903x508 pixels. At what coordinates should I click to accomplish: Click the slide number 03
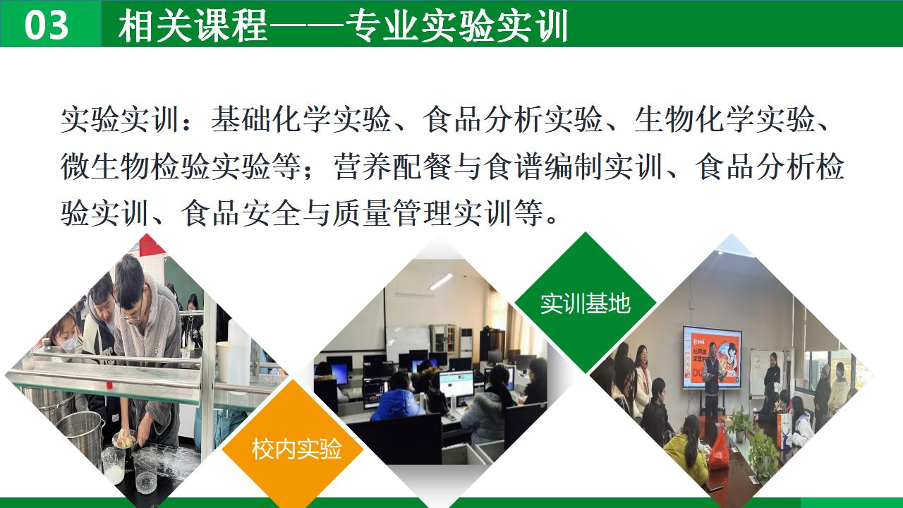[46, 25]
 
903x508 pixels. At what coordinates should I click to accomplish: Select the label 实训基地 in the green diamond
[586, 303]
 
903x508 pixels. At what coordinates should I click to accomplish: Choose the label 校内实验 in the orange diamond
[297, 448]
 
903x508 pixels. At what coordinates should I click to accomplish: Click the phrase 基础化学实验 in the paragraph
[301, 119]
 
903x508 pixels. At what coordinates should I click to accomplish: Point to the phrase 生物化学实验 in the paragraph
[725, 119]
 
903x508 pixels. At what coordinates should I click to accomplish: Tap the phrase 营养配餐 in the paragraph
[392, 166]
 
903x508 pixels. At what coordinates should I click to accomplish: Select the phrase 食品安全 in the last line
[241, 213]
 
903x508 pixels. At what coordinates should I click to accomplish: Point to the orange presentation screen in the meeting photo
[713, 356]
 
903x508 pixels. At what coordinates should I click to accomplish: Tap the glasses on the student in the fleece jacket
[130, 315]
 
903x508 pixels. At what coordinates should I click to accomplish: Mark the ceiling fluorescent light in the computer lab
[442, 281]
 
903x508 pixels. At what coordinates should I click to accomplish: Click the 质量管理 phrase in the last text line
[422, 213]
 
